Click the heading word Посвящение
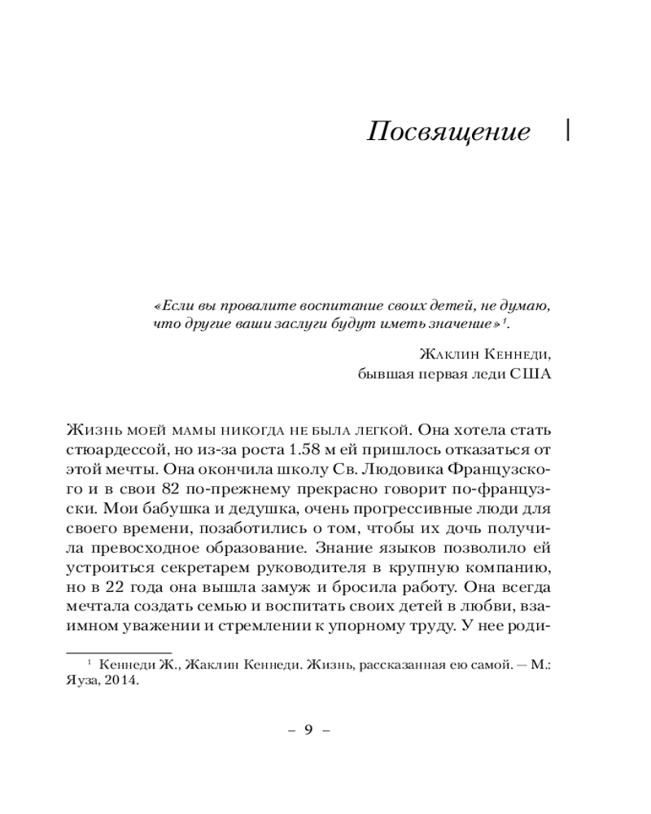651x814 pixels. coord(448,133)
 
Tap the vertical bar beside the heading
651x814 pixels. coord(567,131)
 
